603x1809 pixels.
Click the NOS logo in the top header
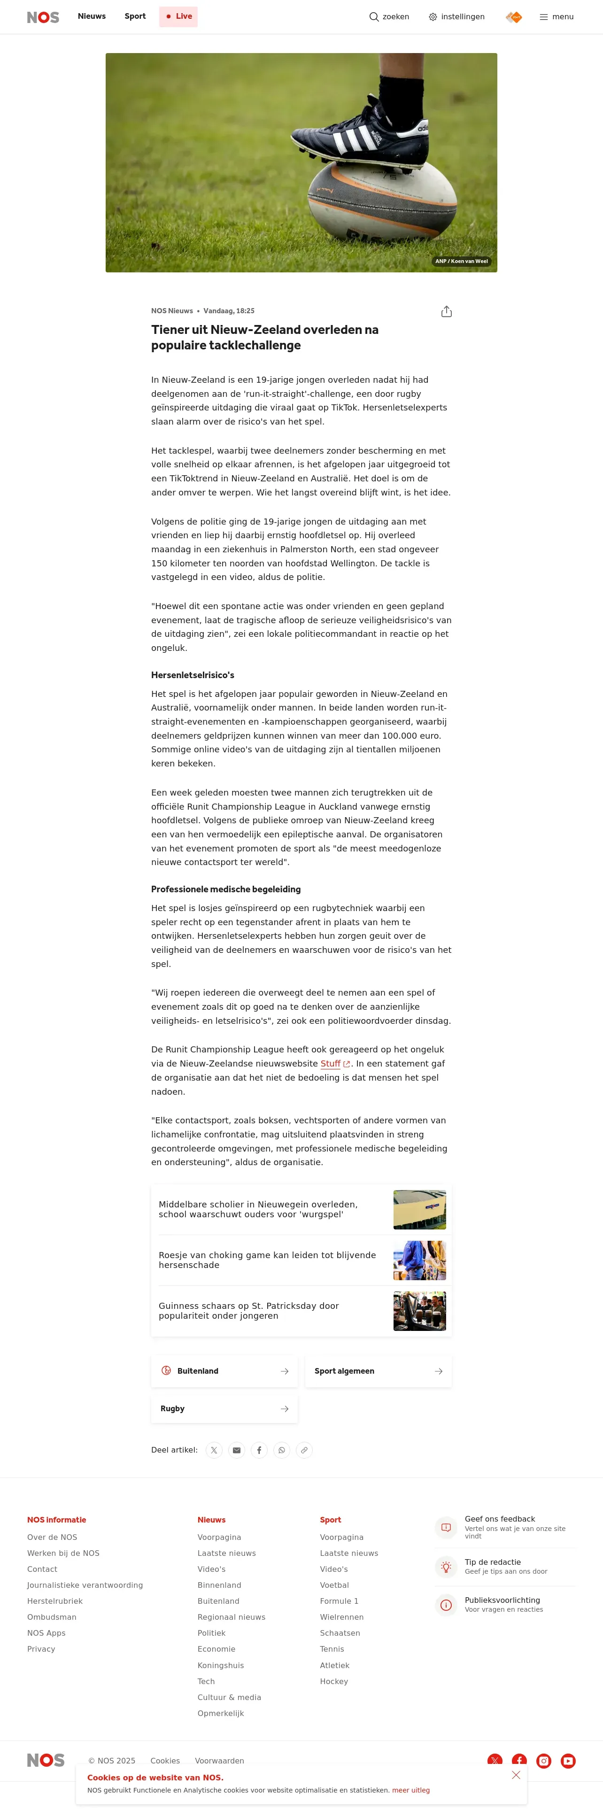tap(43, 17)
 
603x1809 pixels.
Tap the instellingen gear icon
tap(433, 17)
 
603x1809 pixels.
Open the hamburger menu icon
tap(543, 17)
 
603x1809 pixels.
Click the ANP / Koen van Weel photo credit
tap(461, 261)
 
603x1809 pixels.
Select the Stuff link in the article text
tap(331, 1064)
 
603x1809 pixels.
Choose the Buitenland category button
tap(224, 1371)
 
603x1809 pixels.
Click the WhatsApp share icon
tap(281, 1450)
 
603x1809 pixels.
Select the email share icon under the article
tap(237, 1450)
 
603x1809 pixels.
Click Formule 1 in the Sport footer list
tap(339, 1601)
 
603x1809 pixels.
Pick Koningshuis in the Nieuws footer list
tap(220, 1665)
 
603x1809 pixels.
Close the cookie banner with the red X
tap(516, 1775)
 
